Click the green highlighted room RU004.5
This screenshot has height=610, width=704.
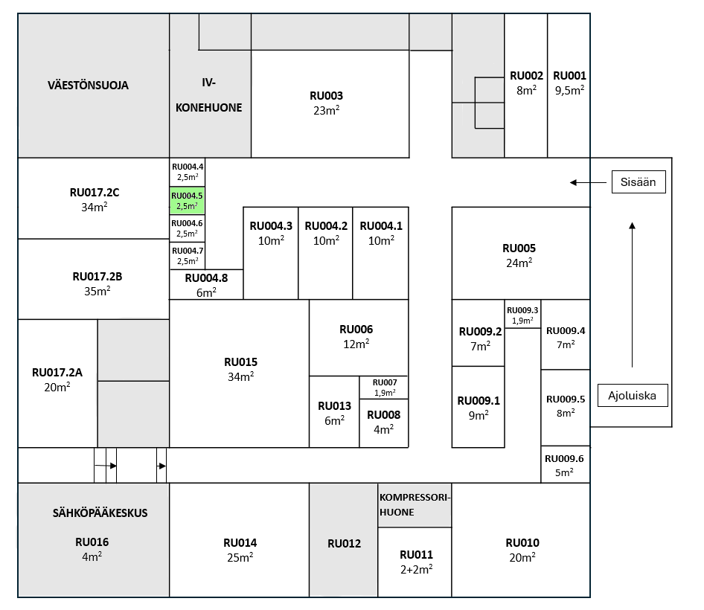(x=188, y=201)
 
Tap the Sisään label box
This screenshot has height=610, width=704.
(x=639, y=182)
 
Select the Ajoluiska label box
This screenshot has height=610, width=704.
(x=633, y=396)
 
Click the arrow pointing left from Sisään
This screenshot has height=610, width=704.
(x=588, y=182)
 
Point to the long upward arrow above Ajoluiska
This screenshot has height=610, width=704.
(x=632, y=295)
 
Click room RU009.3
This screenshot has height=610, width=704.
(x=522, y=314)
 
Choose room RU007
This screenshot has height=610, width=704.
(x=384, y=388)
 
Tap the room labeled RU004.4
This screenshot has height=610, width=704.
(x=188, y=172)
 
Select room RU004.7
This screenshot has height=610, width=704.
(x=188, y=256)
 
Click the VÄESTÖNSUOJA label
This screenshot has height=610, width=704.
(x=88, y=86)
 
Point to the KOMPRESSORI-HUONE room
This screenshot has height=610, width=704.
(x=415, y=505)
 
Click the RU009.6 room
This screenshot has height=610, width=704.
(x=566, y=465)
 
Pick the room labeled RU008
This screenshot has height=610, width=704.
(x=384, y=423)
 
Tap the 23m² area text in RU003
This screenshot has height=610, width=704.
(x=327, y=110)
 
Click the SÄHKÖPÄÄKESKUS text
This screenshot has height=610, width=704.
(x=100, y=513)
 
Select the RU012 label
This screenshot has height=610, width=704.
(x=344, y=544)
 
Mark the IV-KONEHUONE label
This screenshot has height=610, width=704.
(x=209, y=94)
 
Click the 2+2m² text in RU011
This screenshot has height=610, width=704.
(x=417, y=569)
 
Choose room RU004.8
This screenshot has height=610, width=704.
(x=206, y=285)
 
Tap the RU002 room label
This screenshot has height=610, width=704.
(x=526, y=76)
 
